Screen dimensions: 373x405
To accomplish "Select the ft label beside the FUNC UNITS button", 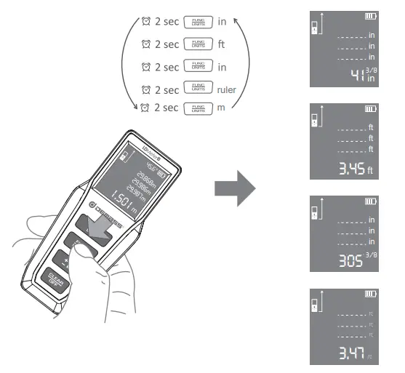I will (x=222, y=44).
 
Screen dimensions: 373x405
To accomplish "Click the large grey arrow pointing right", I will (x=234, y=188).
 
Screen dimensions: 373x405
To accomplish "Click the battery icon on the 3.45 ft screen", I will (x=371, y=109).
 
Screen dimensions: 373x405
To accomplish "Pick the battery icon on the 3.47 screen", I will (x=371, y=294).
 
